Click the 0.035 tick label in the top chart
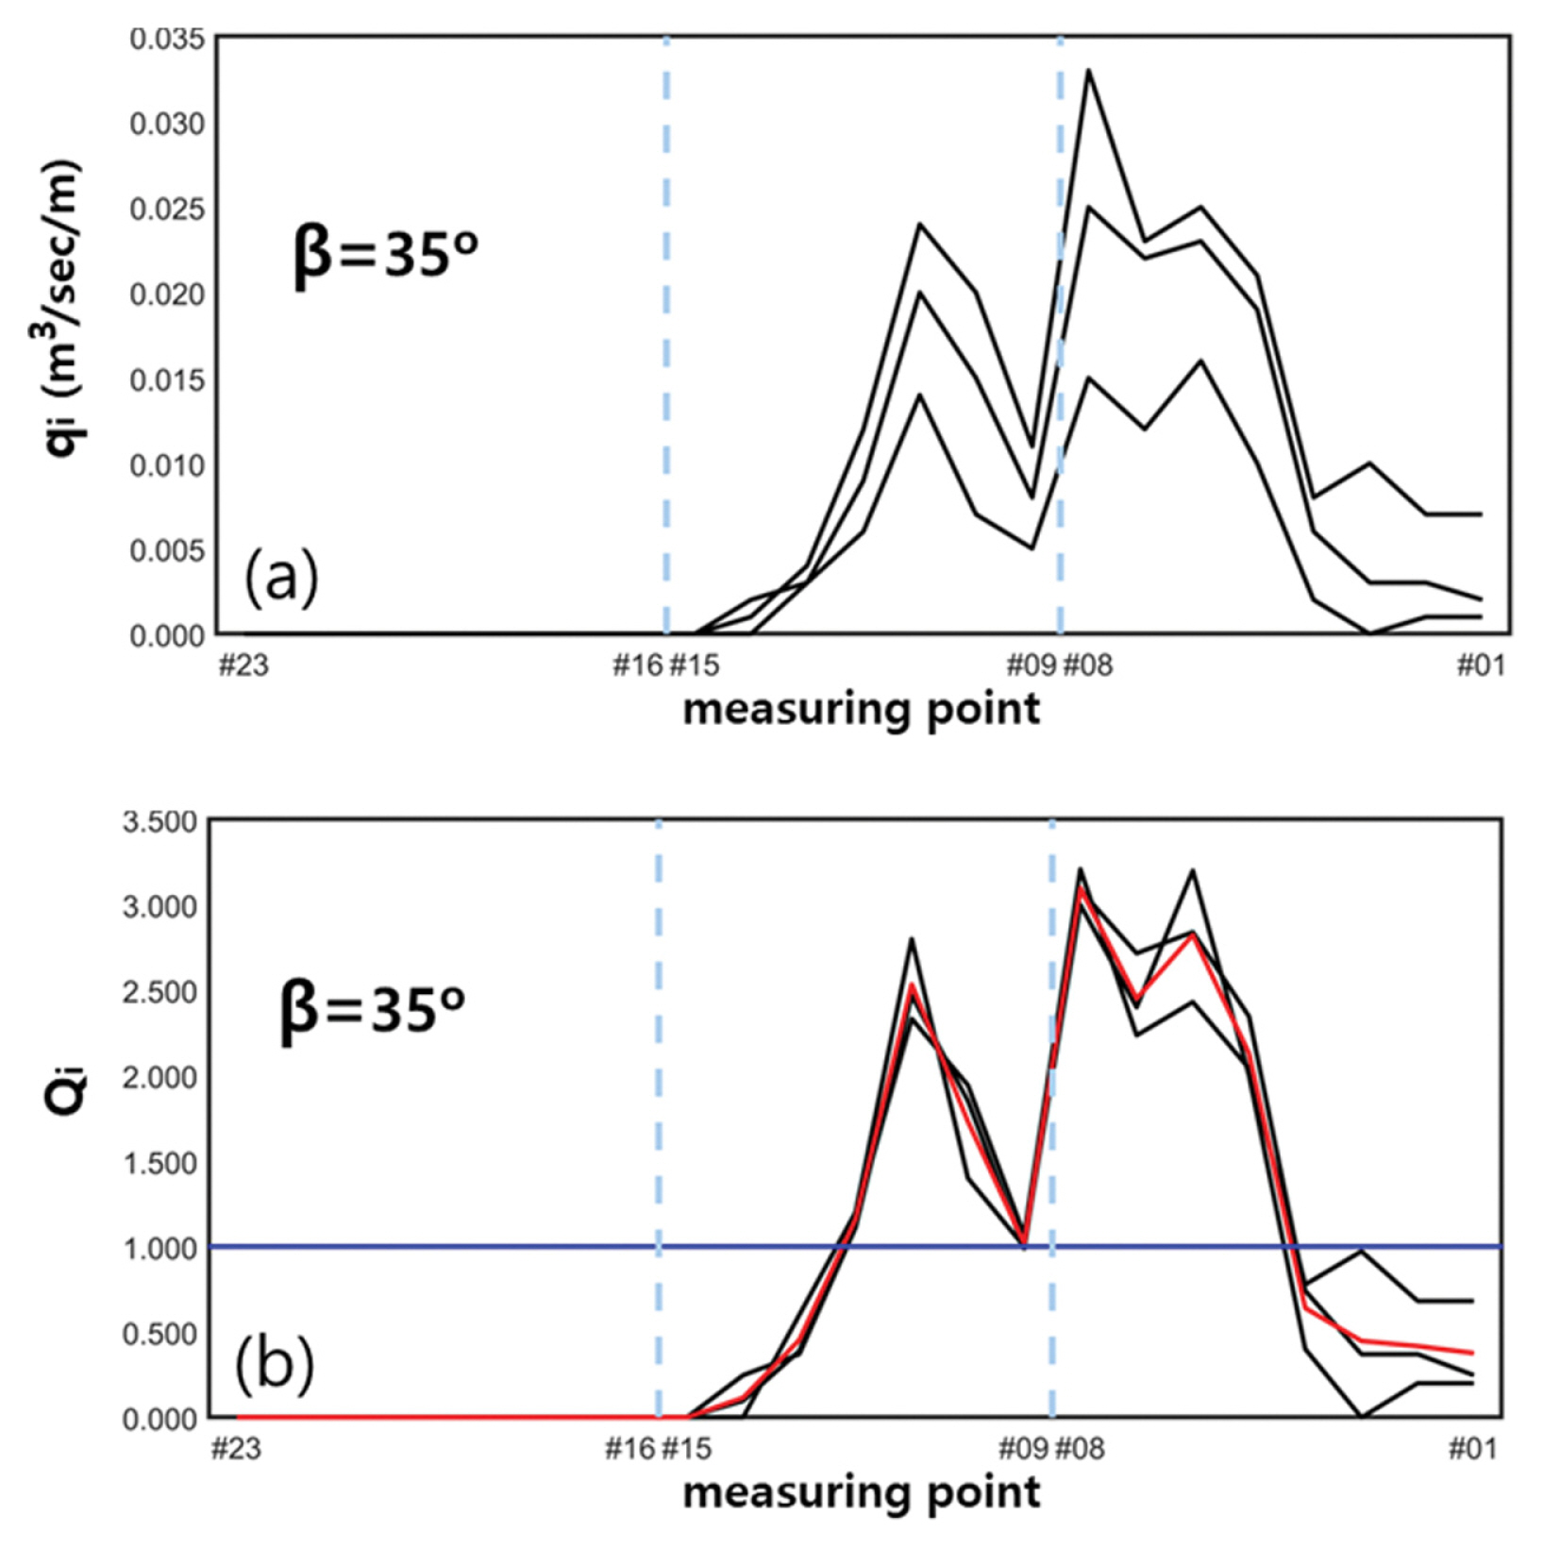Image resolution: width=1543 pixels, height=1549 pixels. coord(167,40)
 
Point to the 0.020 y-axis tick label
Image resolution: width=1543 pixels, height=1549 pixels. coord(167,295)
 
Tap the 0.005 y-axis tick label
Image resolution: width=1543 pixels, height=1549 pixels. coord(167,549)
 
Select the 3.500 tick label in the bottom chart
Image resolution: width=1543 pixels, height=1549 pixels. coord(159,820)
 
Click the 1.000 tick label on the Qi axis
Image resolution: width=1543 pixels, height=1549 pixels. coord(159,1248)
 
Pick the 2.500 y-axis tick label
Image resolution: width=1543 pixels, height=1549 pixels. coord(159,992)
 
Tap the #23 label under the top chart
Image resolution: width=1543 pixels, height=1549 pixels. coord(243,665)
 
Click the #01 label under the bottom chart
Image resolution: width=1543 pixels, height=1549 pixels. coord(1473,1449)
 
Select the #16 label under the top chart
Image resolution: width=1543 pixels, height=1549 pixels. coord(638,665)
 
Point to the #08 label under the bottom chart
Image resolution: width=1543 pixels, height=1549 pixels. coord(1080,1449)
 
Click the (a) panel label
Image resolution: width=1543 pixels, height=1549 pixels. coord(281,578)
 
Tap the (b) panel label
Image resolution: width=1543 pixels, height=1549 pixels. coord(274,1364)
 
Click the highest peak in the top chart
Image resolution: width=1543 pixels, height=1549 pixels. coord(1088,70)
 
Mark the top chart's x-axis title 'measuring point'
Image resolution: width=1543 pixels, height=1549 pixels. coord(861,710)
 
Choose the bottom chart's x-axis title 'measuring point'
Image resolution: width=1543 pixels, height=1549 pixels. coord(861,1493)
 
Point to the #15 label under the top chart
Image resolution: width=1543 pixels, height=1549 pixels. coord(695,665)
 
